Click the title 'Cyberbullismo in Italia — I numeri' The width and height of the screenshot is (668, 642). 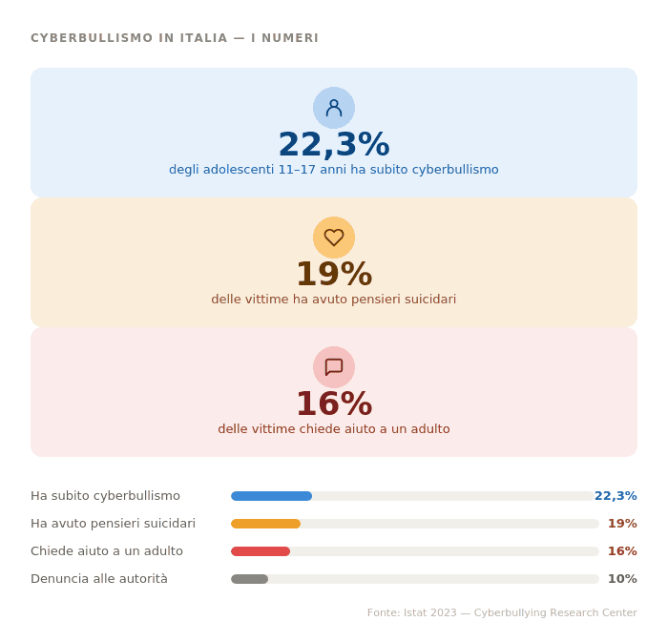(x=175, y=38)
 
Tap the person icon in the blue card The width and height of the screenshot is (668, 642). (x=334, y=108)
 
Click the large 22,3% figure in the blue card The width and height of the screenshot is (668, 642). (x=334, y=145)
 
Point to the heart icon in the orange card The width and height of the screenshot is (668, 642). (x=334, y=238)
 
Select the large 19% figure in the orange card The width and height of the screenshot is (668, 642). (x=334, y=275)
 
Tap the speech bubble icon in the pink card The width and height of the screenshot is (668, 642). (x=334, y=367)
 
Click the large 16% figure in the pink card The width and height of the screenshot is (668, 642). (x=334, y=404)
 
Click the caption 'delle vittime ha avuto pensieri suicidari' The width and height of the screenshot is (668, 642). (x=334, y=300)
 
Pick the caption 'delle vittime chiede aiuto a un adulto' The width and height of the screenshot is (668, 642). (x=334, y=429)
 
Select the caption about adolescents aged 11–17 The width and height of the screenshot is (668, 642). (x=334, y=170)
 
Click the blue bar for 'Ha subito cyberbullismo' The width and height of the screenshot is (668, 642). (x=271, y=496)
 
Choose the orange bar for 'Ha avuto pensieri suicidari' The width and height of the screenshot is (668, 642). (x=265, y=524)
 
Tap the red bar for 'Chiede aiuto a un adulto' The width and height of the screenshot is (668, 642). (x=261, y=551)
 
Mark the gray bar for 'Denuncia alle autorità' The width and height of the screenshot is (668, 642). (x=249, y=579)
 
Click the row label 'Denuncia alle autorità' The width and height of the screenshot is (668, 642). (x=99, y=579)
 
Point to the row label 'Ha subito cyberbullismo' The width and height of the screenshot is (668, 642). (x=105, y=496)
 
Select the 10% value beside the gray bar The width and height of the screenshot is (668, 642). (x=622, y=579)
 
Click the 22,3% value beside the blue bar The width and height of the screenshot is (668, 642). (x=616, y=496)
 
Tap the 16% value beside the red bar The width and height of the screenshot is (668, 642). (x=622, y=551)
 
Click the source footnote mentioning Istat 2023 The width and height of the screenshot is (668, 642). (x=502, y=613)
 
